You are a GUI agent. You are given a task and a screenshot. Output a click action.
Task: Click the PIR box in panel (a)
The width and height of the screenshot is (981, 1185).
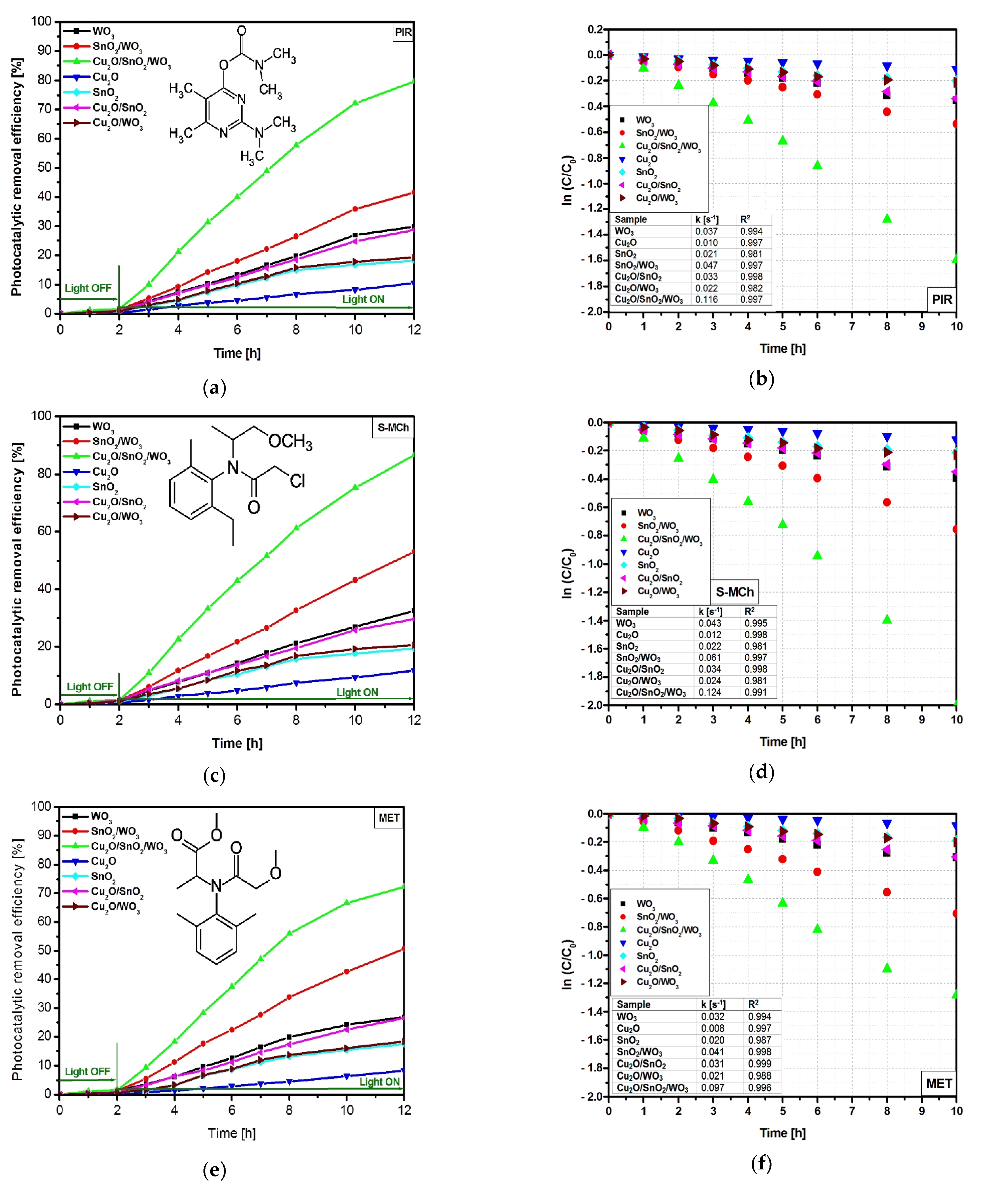click(403, 32)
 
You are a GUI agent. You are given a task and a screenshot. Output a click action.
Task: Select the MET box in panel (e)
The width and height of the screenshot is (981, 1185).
click(389, 818)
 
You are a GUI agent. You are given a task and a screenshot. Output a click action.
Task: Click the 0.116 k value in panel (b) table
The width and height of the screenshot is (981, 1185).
click(706, 299)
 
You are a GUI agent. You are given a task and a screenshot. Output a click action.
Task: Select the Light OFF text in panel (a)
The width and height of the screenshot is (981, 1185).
click(88, 288)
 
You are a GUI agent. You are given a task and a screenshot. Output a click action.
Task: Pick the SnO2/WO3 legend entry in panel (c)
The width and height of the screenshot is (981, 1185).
click(117, 441)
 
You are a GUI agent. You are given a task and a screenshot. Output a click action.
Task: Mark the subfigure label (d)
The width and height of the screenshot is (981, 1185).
click(761, 772)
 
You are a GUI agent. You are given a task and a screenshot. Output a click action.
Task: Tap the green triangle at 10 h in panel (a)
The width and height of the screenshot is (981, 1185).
click(356, 103)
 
